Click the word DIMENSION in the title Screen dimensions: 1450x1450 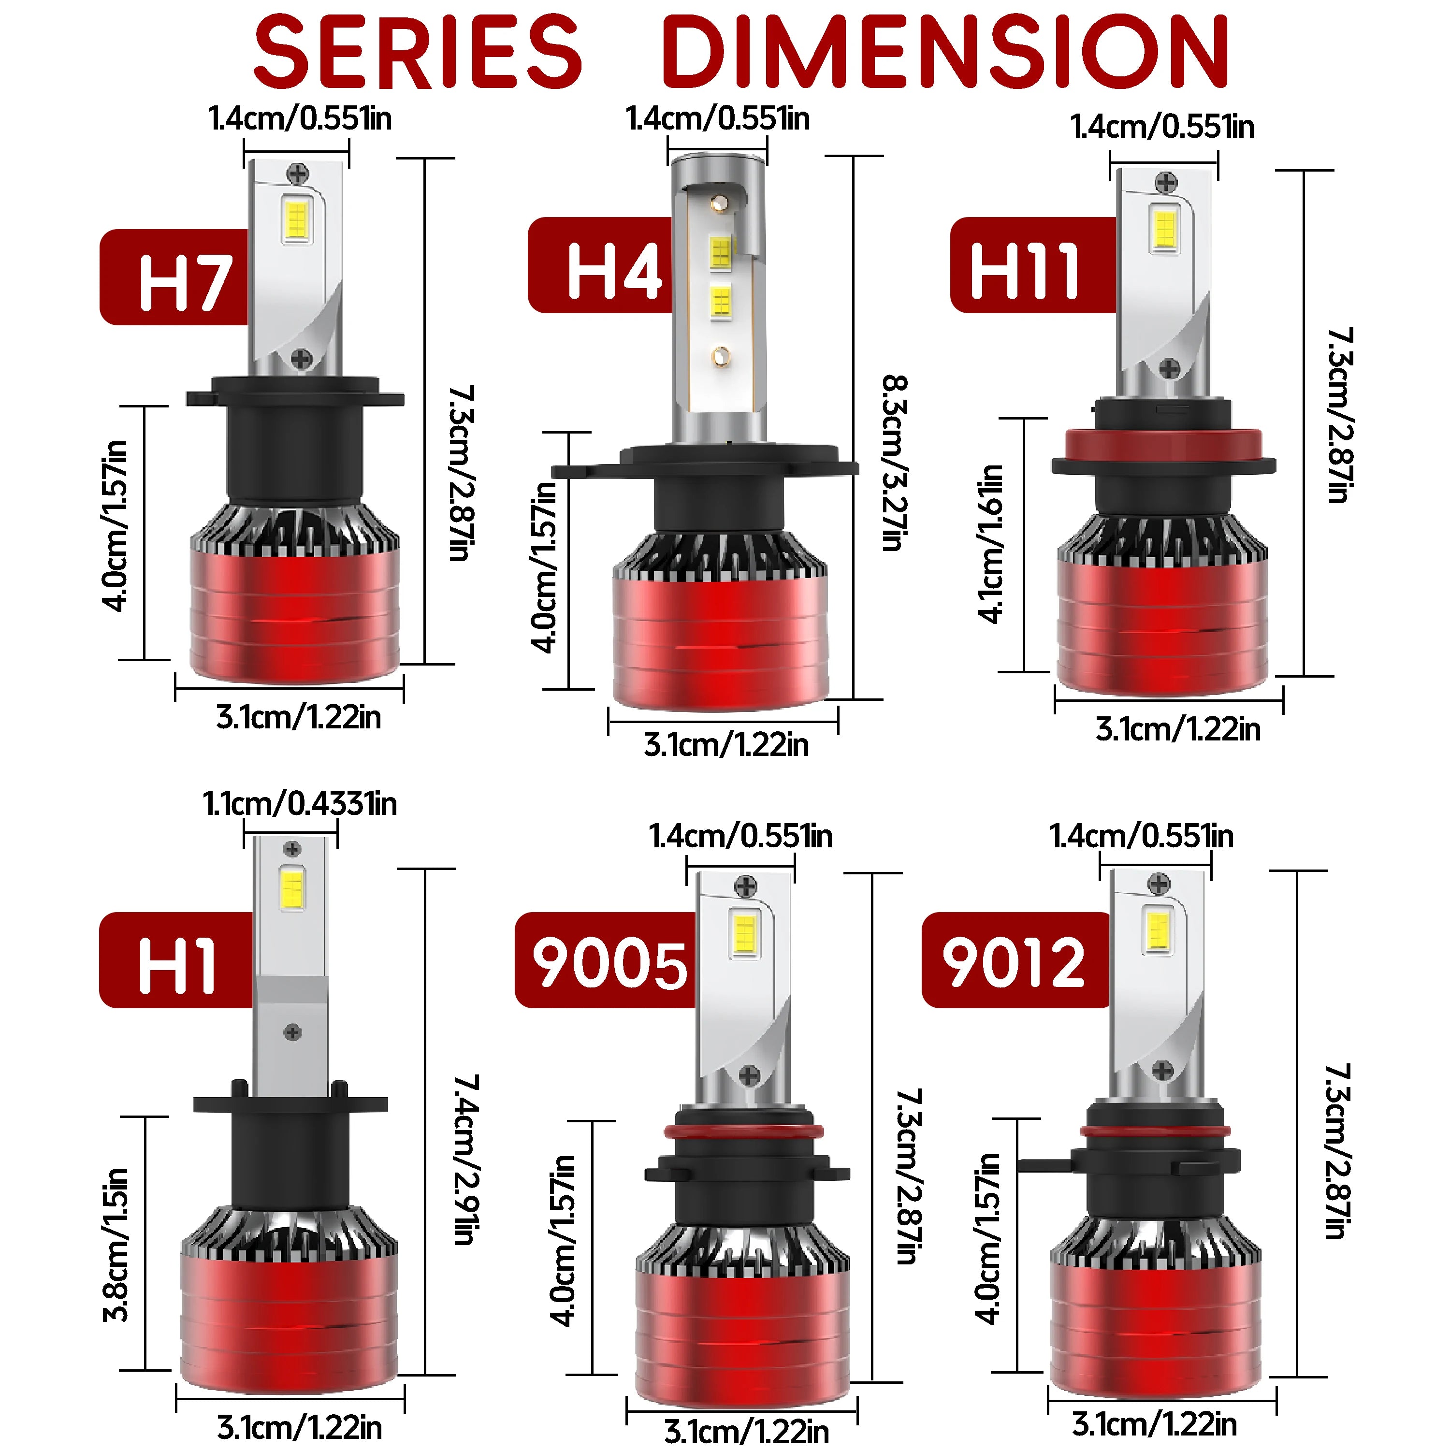click(944, 51)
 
